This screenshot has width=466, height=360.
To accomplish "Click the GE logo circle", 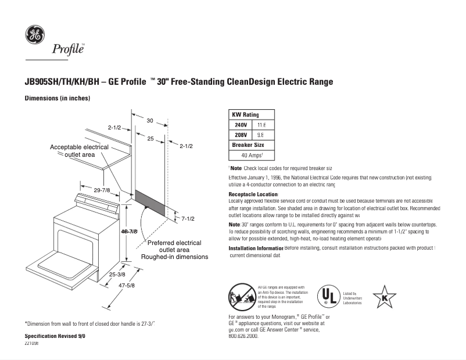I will (34, 35).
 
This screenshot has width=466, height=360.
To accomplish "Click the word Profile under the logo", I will (69, 49).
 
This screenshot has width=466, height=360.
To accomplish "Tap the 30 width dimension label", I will (149, 121).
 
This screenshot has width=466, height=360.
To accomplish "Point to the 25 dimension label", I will (150, 139).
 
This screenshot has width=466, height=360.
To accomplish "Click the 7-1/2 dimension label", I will (187, 219).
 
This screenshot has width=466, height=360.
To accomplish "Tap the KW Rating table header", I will (245, 115).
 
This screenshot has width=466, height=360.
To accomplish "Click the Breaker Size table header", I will (248, 145).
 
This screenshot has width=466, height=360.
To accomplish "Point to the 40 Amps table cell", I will (252, 155).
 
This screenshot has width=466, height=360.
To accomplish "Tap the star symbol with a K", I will (384, 297).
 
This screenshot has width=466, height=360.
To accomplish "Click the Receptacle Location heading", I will (254, 194).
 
